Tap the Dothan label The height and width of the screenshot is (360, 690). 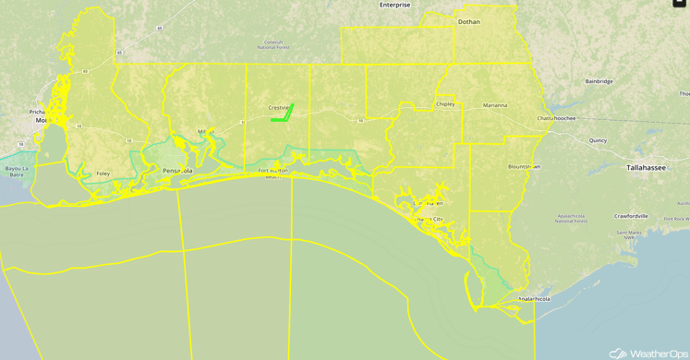pos(468,20)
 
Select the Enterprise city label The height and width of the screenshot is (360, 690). pos(394,5)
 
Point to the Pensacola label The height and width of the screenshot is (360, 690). pos(176,171)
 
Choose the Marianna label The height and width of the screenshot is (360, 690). pos(494,105)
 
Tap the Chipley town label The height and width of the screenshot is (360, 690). pos(445,104)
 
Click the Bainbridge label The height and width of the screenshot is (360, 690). pos(599,81)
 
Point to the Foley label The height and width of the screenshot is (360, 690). pos(103,174)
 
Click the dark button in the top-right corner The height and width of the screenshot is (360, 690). pos(681,3)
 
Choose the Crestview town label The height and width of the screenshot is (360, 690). pos(279,107)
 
